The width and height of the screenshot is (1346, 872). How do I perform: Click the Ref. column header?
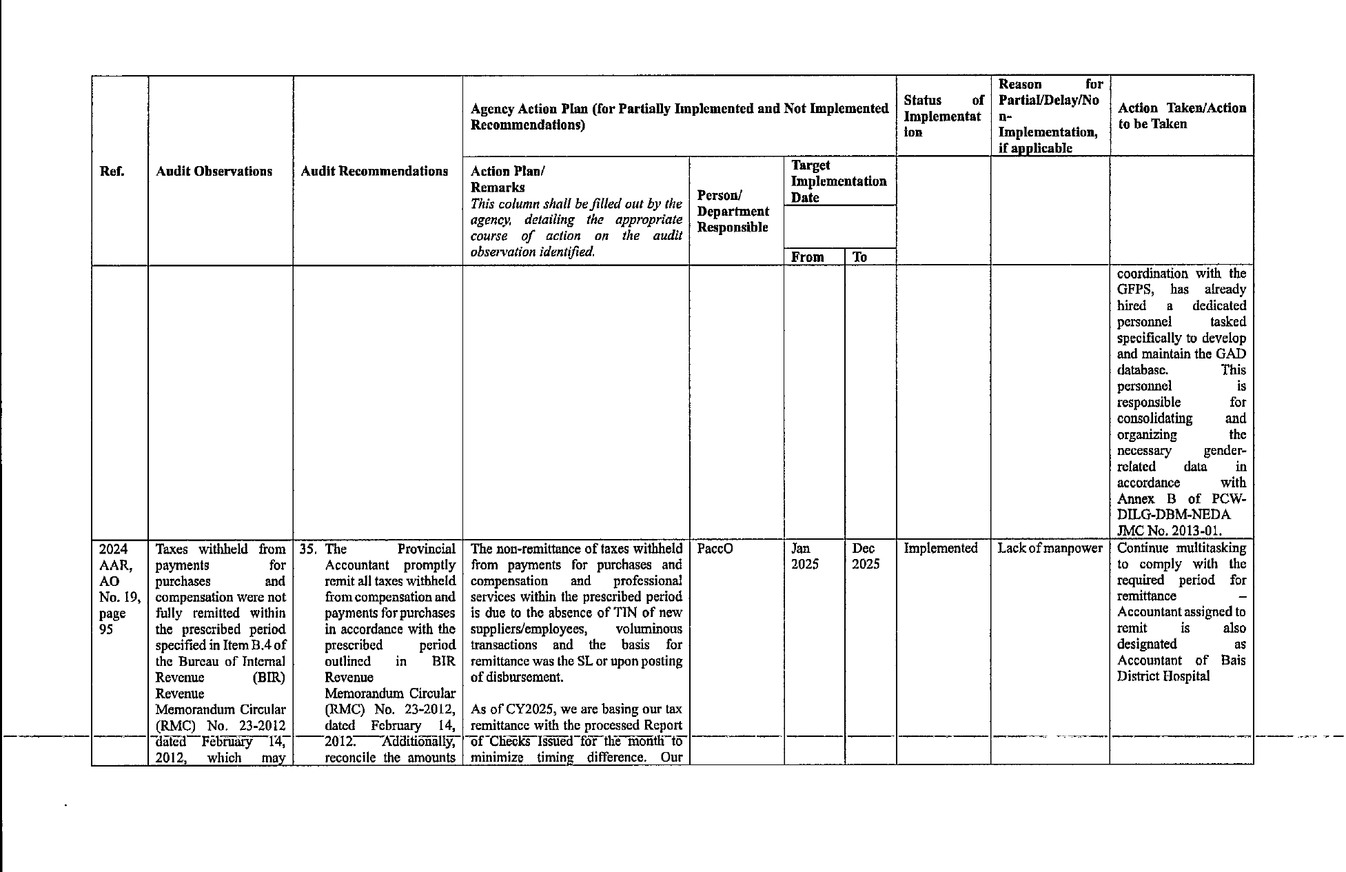click(112, 172)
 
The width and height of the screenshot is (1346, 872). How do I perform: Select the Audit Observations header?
click(214, 172)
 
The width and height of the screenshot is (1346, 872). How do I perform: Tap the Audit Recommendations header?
click(374, 172)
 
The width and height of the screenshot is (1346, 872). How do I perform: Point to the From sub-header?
click(808, 257)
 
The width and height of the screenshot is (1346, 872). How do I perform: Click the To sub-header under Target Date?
click(859, 257)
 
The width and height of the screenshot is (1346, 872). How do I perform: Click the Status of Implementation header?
click(943, 116)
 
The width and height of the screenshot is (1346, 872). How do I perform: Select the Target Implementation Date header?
click(838, 181)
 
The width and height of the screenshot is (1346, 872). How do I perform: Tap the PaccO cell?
click(715, 549)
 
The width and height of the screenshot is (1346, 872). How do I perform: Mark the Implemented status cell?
click(940, 549)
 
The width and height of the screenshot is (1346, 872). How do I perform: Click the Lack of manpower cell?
click(1050, 549)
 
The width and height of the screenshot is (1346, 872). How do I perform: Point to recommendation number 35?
click(308, 549)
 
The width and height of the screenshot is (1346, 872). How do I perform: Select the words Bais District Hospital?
click(1181, 668)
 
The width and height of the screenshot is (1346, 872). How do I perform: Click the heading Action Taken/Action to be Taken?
click(1181, 116)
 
